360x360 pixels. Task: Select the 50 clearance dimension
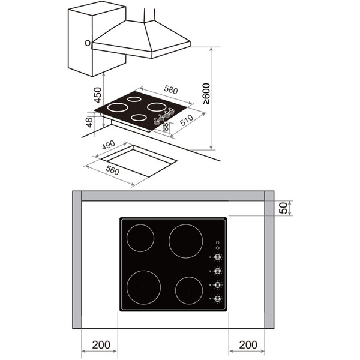pos(284,208)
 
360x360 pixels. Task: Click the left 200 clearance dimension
pos(100,345)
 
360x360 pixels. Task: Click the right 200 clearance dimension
pos(247,345)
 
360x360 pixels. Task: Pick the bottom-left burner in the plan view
pos(143,287)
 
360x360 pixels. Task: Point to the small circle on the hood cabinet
pos(88,43)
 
